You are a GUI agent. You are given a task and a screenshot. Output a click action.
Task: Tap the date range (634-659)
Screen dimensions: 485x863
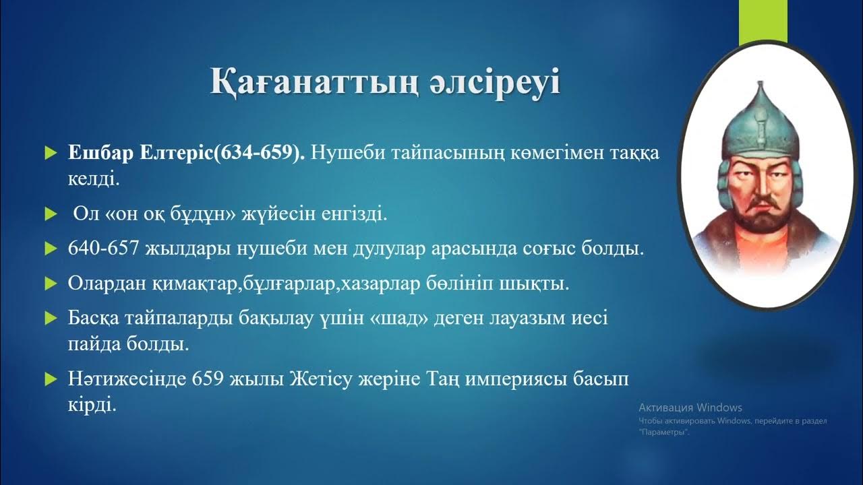259,154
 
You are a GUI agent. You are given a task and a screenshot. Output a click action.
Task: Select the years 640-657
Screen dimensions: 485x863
104,249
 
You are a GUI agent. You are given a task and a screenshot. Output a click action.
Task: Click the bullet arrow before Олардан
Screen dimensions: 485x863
49,284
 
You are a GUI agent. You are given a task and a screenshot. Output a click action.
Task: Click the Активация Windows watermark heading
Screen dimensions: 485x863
690,408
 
